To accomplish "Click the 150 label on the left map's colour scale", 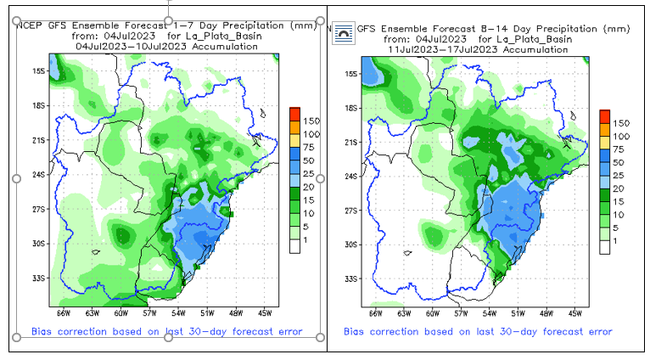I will point(310,121).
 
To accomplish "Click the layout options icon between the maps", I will point(343,31).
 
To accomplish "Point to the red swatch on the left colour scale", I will point(294,114).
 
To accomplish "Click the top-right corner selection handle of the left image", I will point(320,18).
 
